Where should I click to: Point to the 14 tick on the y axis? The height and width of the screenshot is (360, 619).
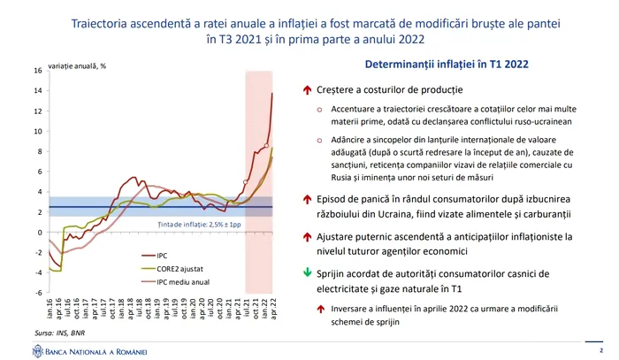coord(36,90)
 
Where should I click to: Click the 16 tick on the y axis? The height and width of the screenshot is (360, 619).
coord(36,71)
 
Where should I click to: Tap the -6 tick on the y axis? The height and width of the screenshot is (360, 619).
coord(36,292)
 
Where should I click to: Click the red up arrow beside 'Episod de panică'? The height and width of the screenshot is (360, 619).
coord(307,199)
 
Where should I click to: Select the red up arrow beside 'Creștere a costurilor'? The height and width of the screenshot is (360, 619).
coord(307,90)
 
